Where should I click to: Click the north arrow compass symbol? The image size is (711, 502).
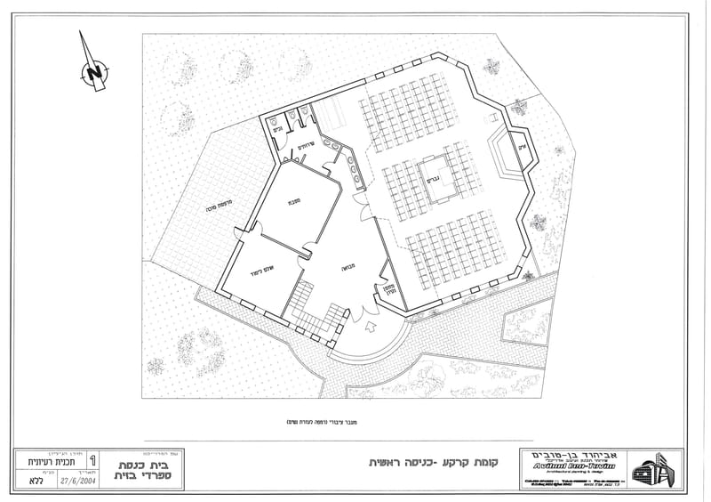click(92, 70)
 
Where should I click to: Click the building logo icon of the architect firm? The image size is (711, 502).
click(655, 469)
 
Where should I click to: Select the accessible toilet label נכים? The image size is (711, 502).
click(277, 130)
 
